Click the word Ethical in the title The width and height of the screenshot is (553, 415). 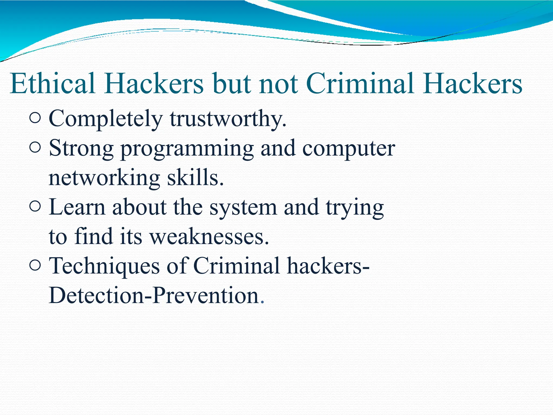pyautogui.click(x=53, y=83)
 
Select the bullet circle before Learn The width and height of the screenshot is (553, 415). pyautogui.click(x=35, y=206)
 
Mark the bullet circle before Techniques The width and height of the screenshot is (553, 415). pyautogui.click(x=35, y=265)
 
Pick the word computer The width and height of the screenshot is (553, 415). pyautogui.click(x=348, y=149)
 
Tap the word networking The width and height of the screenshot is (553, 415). pyautogui.click(x=104, y=178)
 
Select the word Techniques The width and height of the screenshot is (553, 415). pyautogui.click(x=104, y=266)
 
